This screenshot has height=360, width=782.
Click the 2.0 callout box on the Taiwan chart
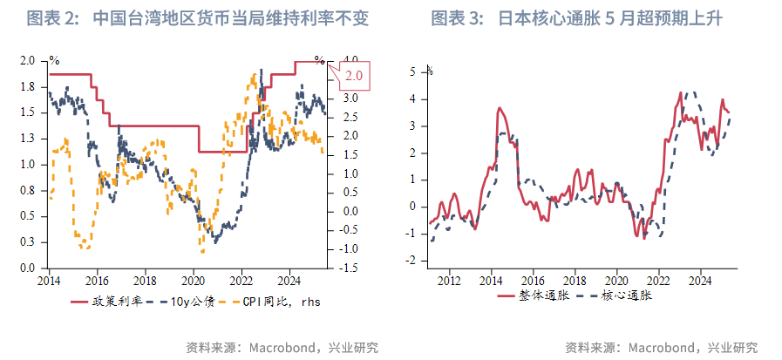(x=354, y=76)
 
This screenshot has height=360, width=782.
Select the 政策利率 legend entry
(x=107, y=302)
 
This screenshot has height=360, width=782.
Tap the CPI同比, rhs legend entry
(x=273, y=302)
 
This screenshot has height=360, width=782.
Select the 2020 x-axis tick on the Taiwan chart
(x=194, y=281)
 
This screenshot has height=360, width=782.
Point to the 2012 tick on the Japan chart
(x=449, y=281)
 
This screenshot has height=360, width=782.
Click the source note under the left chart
(x=282, y=346)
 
